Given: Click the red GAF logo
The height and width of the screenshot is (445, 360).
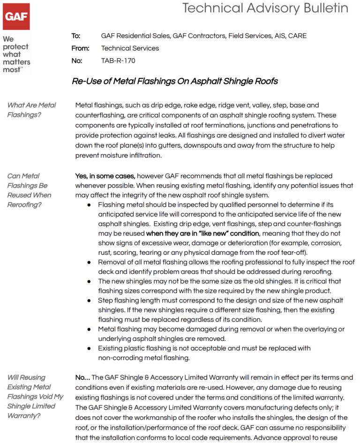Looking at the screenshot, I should tap(16, 17).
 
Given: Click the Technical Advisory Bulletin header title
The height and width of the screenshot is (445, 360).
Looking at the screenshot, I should tap(265, 8).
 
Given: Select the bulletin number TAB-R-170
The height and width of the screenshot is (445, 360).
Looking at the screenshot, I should tap(118, 60).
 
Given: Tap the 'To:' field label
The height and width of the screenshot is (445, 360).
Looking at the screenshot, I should tap(76, 36).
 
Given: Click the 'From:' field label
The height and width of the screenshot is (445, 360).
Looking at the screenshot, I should tap(80, 48).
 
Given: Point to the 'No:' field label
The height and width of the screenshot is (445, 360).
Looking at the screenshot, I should tap(77, 60).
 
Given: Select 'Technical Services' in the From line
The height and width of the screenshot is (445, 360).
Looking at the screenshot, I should tap(130, 48).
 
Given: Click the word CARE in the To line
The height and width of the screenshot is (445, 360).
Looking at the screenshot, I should tap(297, 36).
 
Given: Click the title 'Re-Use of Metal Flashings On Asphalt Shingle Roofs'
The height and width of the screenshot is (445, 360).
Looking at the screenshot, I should tap(174, 81).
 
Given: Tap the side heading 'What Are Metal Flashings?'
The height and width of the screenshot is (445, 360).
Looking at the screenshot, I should tap(31, 110).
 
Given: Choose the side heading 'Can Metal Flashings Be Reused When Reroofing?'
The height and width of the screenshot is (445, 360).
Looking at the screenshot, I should tap(29, 190).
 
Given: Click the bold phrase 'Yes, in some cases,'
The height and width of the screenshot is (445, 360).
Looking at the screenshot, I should tap(105, 176).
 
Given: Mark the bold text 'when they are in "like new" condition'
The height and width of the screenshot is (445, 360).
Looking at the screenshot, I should tap(202, 234).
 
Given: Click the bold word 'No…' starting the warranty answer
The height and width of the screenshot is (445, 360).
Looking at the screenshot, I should tap(83, 377).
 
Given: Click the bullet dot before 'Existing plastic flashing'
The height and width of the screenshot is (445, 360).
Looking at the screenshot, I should tap(90, 348).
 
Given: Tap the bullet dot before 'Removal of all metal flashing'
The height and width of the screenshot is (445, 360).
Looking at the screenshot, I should tap(90, 262).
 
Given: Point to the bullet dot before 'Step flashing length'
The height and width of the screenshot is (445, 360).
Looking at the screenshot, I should tap(90, 301).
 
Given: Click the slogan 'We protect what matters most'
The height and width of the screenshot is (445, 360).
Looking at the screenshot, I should tap(15, 54).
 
